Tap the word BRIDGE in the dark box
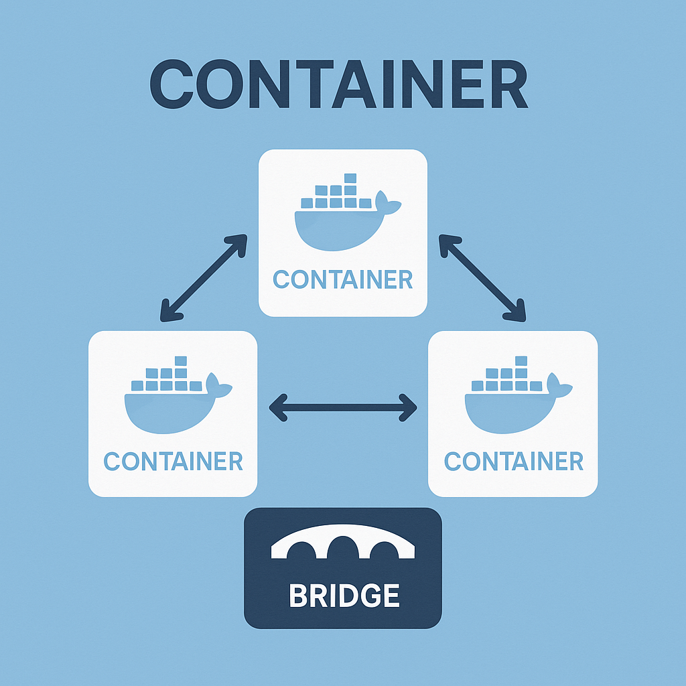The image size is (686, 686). pyautogui.click(x=344, y=595)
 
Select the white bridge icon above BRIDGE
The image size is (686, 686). pyautogui.click(x=343, y=543)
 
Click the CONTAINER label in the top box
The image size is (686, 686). pyautogui.click(x=343, y=279)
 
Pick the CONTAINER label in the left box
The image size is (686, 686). pyautogui.click(x=173, y=461)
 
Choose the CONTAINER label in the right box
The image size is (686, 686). pyautogui.click(x=513, y=461)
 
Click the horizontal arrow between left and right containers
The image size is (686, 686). pyautogui.click(x=343, y=407)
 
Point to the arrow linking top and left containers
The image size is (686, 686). pyautogui.click(x=203, y=277)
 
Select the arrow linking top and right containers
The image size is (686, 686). pyautogui.click(x=482, y=277)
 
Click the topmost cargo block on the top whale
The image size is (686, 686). pyautogui.click(x=349, y=178)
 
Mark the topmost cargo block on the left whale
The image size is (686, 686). pyautogui.click(x=180, y=361)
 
